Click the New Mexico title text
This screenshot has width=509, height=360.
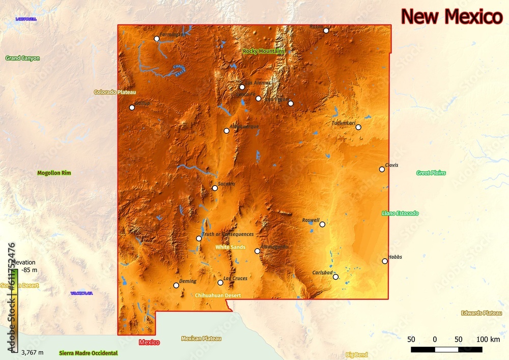(451, 17)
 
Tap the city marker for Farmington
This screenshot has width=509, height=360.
(157, 39)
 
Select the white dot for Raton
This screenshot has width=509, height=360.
(326, 31)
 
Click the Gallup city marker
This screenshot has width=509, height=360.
(132, 107)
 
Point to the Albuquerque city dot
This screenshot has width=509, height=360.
(227, 131)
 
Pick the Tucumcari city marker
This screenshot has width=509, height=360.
(358, 127)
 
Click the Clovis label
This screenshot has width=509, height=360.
(391, 165)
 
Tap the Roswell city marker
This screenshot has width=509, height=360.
(322, 224)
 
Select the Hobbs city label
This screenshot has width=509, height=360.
(395, 257)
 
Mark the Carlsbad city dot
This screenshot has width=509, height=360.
(335, 277)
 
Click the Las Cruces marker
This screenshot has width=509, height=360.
(220, 283)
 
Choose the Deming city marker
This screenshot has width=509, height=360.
(176, 285)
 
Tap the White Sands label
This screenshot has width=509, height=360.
(230, 247)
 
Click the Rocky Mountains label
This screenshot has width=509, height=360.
(264, 51)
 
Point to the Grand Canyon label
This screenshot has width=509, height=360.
(22, 58)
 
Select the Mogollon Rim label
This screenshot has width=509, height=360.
(54, 173)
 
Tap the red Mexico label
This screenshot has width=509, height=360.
(149, 342)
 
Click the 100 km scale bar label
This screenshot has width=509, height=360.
(488, 340)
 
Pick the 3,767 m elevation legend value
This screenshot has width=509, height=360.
(32, 352)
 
